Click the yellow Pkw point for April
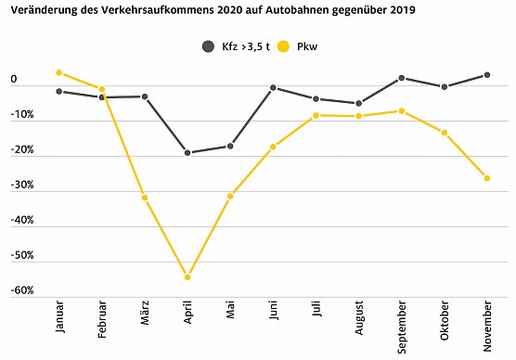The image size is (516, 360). [x=187, y=277]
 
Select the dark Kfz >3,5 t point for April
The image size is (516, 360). [x=187, y=152]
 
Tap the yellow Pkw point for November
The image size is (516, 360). [x=487, y=178]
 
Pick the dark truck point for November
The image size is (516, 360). [x=487, y=75]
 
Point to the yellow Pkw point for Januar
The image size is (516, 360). [x=58, y=72]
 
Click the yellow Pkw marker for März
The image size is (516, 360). [x=145, y=198]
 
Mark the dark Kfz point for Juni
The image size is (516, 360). [x=273, y=87]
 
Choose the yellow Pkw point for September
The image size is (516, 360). [x=401, y=110]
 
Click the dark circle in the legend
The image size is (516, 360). [x=208, y=45]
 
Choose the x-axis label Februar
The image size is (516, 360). [x=102, y=320]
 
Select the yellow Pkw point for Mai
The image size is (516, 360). [x=230, y=196]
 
